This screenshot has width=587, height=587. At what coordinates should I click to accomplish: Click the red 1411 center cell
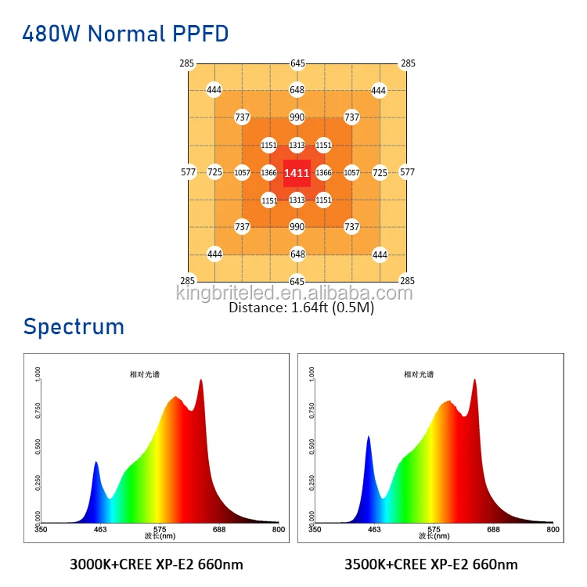click(x=297, y=172)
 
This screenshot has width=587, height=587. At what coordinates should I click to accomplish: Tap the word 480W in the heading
click(x=51, y=34)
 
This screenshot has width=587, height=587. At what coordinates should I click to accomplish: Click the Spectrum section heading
click(x=74, y=326)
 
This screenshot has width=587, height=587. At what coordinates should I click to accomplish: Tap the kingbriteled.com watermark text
click(x=294, y=293)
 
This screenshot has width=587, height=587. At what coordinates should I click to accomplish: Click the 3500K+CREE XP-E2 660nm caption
click(x=431, y=564)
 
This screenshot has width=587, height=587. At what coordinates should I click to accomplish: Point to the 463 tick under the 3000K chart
click(x=100, y=530)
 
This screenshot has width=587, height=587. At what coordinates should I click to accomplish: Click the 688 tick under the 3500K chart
click(x=493, y=530)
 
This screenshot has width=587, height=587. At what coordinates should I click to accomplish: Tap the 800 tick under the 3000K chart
click(x=278, y=530)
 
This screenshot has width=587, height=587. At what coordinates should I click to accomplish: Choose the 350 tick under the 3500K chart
click(x=315, y=530)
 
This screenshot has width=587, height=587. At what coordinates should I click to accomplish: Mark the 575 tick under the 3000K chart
click(x=160, y=530)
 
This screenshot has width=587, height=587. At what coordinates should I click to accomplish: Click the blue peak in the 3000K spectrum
click(x=96, y=466)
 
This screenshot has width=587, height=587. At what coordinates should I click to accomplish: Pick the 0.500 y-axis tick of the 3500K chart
click(x=312, y=445)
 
